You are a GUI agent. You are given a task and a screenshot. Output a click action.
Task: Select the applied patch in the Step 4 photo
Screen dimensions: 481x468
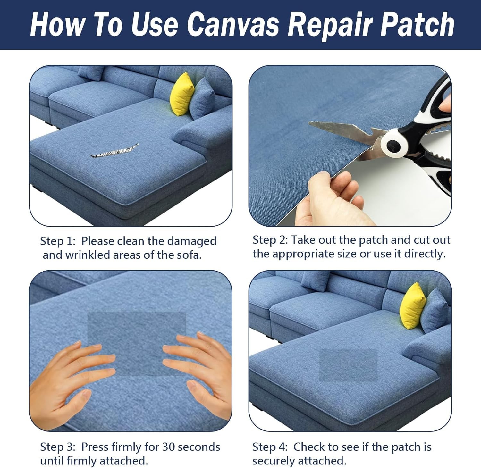pyautogui.click(x=349, y=365)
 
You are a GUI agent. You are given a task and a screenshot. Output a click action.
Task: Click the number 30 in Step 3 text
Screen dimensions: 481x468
pyautogui.click(x=170, y=447)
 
